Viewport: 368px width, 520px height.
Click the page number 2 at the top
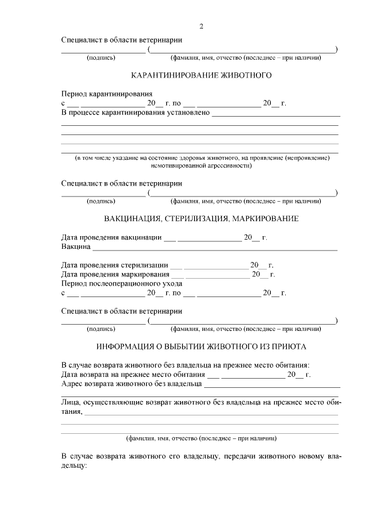click(201, 26)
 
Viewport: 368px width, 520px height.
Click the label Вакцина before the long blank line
click(76, 247)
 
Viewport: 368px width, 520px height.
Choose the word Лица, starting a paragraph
click(72, 403)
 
